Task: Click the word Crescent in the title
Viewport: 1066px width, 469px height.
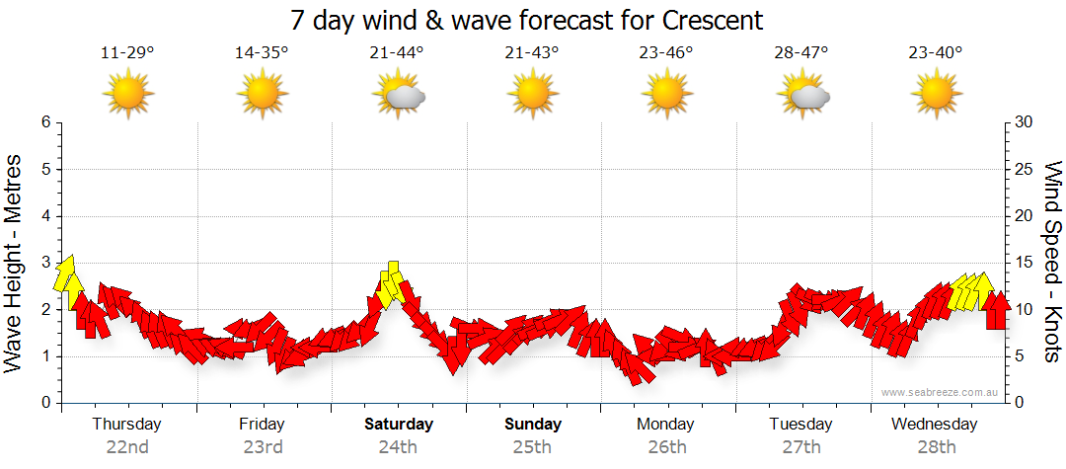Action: pyautogui.click(x=708, y=20)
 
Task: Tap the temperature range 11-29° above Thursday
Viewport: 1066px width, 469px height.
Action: pyautogui.click(x=127, y=53)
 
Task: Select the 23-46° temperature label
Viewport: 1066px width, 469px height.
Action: pyautogui.click(x=666, y=53)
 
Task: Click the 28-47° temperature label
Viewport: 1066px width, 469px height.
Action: pyautogui.click(x=801, y=53)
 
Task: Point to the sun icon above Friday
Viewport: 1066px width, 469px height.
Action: pyautogui.click(x=263, y=95)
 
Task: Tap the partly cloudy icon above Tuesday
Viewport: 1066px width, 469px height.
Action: pyautogui.click(x=801, y=95)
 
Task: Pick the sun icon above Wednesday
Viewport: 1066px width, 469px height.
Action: pyautogui.click(x=936, y=95)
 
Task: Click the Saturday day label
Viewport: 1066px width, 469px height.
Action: pyautogui.click(x=398, y=425)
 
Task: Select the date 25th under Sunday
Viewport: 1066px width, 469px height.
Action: pyautogui.click(x=532, y=447)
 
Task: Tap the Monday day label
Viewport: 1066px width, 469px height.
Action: pyautogui.click(x=666, y=425)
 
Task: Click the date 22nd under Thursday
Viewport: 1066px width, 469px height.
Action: pyautogui.click(x=127, y=447)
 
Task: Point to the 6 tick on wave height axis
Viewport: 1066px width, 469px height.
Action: pyautogui.click(x=45, y=122)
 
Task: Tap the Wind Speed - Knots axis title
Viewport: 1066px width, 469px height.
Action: pyautogui.click(x=1052, y=262)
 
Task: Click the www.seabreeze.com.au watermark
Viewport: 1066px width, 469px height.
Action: pyautogui.click(x=941, y=392)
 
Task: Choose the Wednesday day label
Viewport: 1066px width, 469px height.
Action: pyautogui.click(x=934, y=425)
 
